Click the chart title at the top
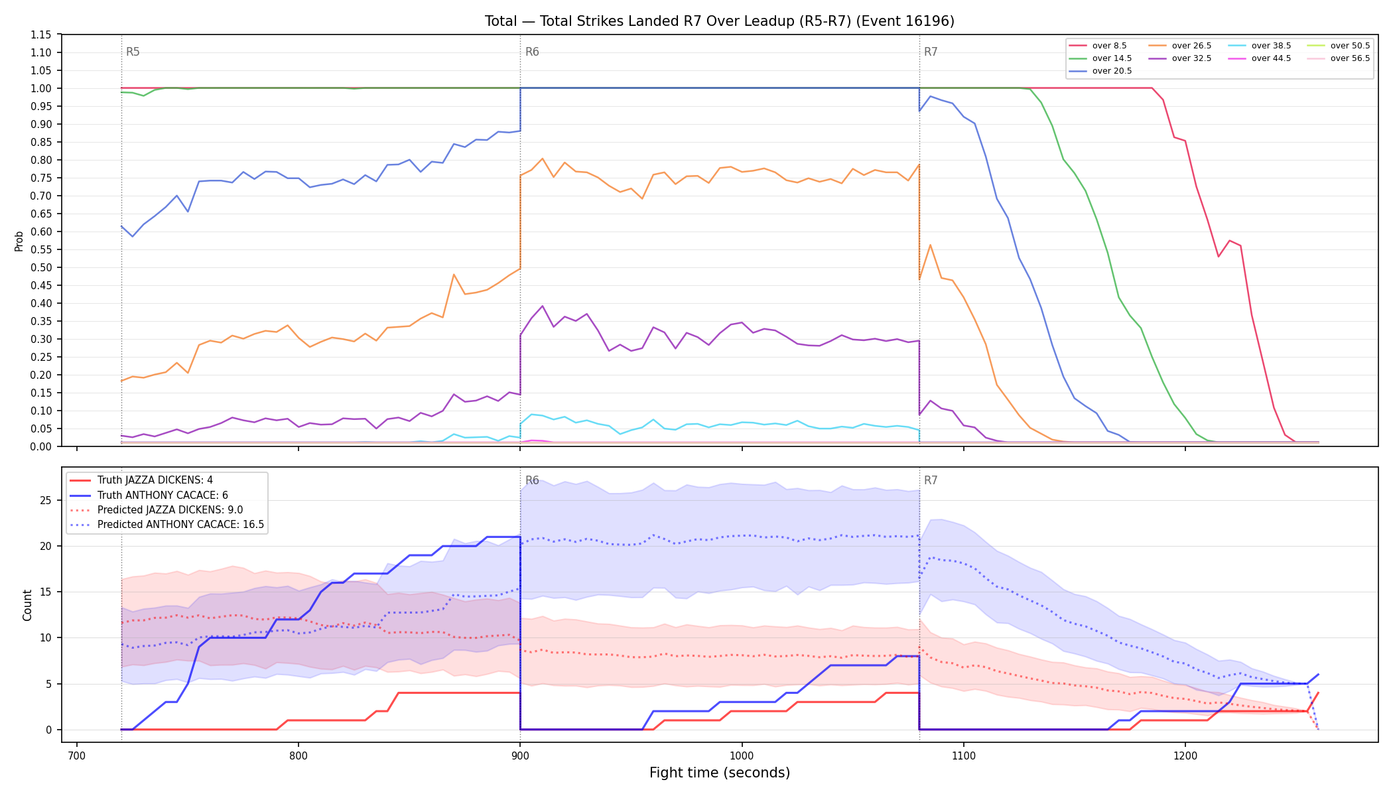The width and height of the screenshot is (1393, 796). click(720, 21)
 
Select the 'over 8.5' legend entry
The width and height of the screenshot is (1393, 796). click(1098, 46)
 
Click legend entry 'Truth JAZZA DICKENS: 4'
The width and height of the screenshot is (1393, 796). click(141, 480)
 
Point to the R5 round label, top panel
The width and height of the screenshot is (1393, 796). click(133, 52)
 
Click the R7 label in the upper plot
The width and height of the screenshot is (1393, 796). click(931, 52)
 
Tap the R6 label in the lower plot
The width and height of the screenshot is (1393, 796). click(532, 480)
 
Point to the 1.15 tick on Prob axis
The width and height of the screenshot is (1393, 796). click(41, 34)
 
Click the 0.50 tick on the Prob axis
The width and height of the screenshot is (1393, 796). click(41, 267)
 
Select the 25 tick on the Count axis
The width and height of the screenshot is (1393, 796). click(46, 500)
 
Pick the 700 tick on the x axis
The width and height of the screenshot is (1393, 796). click(77, 755)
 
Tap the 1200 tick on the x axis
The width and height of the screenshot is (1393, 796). click(1185, 755)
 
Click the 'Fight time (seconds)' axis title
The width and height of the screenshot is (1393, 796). click(720, 773)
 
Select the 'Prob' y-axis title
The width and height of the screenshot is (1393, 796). click(19, 241)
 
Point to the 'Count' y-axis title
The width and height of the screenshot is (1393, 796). click(27, 605)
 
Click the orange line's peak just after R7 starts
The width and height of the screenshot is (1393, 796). click(930, 245)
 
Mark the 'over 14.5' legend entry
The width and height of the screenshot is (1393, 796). click(1100, 58)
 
